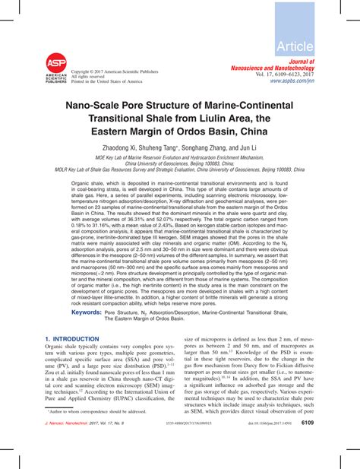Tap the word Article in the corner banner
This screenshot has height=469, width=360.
click(x=318, y=46)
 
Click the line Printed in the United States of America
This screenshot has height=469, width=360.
click(x=106, y=81)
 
